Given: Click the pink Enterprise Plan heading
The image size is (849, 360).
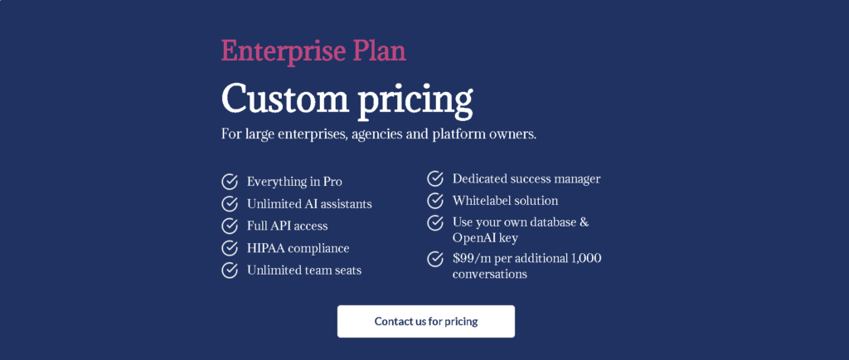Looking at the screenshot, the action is pyautogui.click(x=313, y=52).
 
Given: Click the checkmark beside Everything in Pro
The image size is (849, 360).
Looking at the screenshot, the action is pyautogui.click(x=230, y=182).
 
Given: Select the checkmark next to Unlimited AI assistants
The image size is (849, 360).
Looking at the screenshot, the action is pyautogui.click(x=230, y=204).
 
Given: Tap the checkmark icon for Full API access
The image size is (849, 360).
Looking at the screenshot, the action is pyautogui.click(x=230, y=226).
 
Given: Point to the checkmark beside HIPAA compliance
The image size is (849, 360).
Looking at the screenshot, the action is pyautogui.click(x=230, y=248).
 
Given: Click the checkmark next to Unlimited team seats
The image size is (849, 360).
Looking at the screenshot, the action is pyautogui.click(x=230, y=270).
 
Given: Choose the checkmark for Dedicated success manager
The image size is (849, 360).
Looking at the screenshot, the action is pyautogui.click(x=435, y=178).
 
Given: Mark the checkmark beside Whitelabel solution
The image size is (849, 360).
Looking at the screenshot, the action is pyautogui.click(x=435, y=201).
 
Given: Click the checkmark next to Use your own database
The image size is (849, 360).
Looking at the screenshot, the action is pyautogui.click(x=435, y=222).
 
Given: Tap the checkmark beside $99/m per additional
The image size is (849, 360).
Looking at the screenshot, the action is pyautogui.click(x=435, y=259).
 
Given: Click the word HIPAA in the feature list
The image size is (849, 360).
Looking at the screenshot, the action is pyautogui.click(x=265, y=249).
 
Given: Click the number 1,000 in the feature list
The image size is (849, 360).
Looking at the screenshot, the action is pyautogui.click(x=586, y=259).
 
